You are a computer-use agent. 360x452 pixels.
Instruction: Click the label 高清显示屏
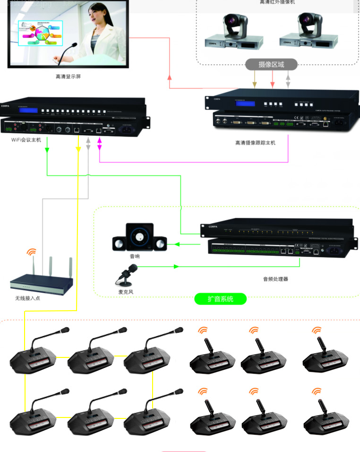68,76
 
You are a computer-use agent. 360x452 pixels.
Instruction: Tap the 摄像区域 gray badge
271,64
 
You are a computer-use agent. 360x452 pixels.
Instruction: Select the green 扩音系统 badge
221,299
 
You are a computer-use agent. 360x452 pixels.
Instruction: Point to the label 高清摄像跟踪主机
255,142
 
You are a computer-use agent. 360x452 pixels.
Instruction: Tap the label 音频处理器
275,279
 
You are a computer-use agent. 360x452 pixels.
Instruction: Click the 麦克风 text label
126,292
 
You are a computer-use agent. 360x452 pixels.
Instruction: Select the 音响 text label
135,256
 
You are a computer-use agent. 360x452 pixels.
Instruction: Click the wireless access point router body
42,283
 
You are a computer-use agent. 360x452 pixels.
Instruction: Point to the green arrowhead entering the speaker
172,244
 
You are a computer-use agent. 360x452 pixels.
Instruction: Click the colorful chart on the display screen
40,33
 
